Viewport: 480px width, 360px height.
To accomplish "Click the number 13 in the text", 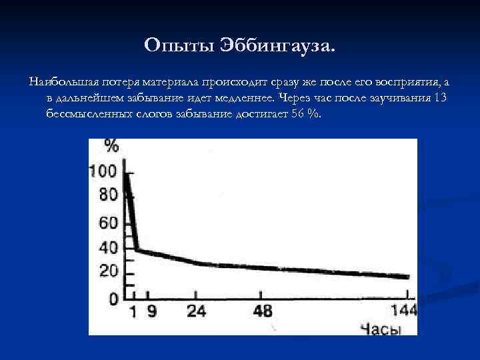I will (439, 97).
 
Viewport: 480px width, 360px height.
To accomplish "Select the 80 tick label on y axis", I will (108, 196).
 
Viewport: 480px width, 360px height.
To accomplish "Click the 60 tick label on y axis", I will (108, 222).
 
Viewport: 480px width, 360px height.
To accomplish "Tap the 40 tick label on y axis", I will (108, 247).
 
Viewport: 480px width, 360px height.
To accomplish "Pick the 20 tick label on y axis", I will (108, 272).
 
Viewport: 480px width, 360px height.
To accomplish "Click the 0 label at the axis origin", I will (113, 298).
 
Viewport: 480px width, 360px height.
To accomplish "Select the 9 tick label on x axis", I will (153, 311).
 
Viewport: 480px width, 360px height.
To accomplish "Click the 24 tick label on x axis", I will (196, 311).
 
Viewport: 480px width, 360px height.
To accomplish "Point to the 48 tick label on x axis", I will (264, 311).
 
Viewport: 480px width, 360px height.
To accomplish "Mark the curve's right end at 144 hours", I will (407, 277).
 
